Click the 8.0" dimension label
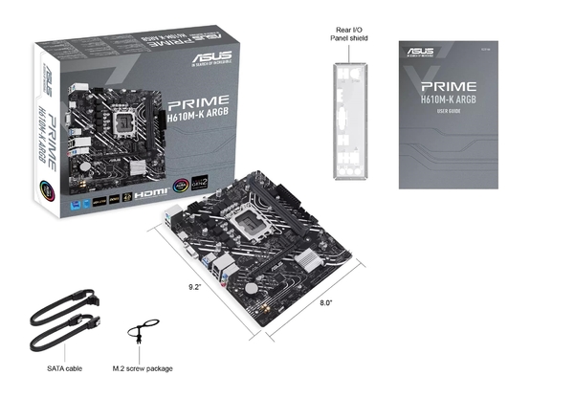[326, 303]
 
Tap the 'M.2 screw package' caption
[149, 367]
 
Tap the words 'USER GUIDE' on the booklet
[449, 111]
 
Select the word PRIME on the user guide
[449, 84]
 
